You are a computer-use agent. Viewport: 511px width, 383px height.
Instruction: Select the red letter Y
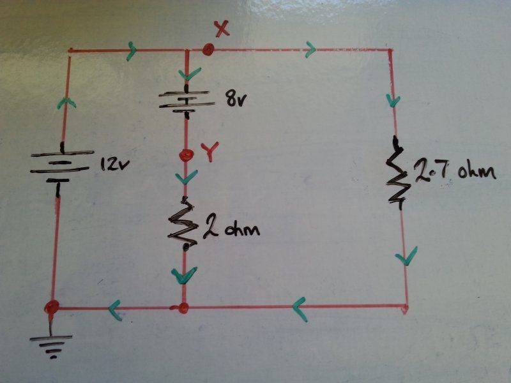209,151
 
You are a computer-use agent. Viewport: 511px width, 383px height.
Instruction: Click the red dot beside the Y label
186,154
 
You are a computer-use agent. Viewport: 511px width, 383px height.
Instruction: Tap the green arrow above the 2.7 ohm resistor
393,100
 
